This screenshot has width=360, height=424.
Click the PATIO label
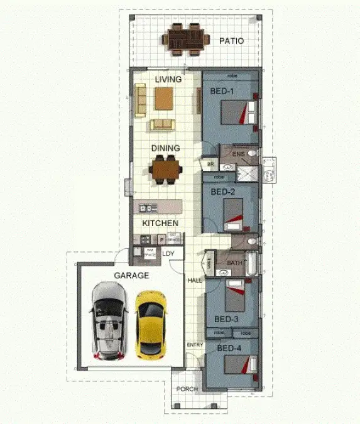231,41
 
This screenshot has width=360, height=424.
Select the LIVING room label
168,80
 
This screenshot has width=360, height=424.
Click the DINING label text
166,148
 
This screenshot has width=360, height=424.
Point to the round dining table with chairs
166,168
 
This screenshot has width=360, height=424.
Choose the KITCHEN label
160,223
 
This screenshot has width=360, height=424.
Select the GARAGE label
131,275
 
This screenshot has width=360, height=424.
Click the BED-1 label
222,92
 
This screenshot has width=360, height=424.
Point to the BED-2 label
222,192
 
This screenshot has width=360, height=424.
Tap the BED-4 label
229,347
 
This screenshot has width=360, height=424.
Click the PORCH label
187,389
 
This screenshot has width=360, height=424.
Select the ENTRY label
194,345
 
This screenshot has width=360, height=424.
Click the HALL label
194,280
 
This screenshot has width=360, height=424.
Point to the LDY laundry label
168,254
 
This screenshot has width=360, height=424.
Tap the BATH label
234,263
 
